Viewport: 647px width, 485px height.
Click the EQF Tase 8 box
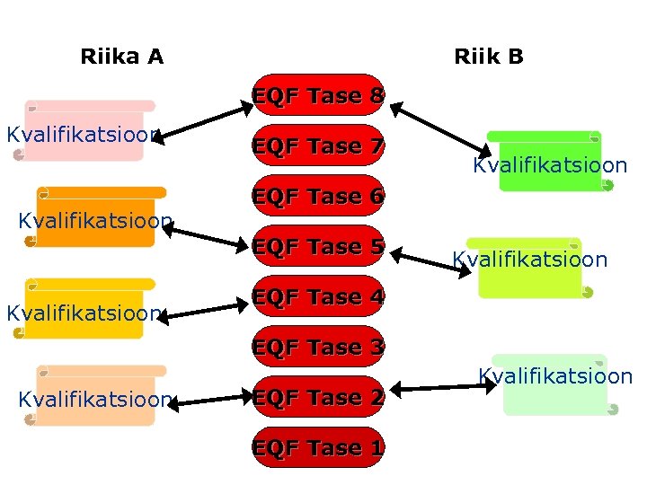point(318,95)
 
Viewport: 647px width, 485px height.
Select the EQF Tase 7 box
point(318,145)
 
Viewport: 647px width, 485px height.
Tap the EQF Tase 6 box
point(318,196)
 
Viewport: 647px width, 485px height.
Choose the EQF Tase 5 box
point(318,246)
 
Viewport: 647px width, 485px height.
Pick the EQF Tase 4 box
point(318,296)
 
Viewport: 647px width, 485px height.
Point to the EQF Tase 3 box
point(318,347)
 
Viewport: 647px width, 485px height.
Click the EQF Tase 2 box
point(318,397)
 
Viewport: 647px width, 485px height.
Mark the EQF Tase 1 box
point(318,447)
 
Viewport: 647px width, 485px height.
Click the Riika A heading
point(121,57)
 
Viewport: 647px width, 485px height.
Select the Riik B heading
point(488,57)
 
